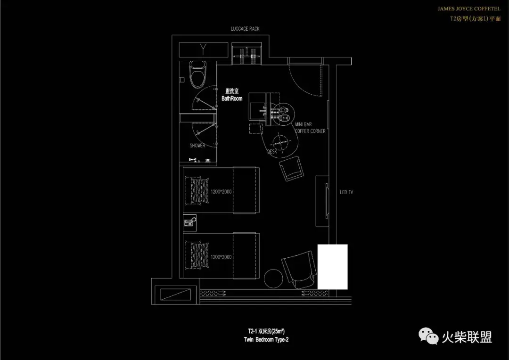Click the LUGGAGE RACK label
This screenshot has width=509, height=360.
pos(245,29)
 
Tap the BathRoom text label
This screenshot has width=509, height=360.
pos(232,98)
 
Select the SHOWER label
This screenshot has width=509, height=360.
pos(197,146)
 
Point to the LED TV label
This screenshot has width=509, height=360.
pos(346,192)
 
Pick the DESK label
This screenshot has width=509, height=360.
pos(272,152)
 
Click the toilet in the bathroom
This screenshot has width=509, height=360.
pos(197,75)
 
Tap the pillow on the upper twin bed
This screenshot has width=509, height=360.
pos(197,190)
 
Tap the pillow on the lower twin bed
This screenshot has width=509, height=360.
pos(197,256)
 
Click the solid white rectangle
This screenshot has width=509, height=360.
pos(332,267)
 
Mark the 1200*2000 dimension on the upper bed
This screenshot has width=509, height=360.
pos(221,192)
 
